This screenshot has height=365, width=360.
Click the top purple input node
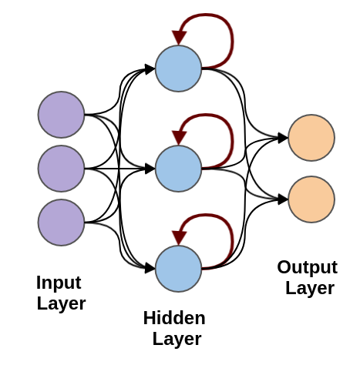pyautogui.click(x=61, y=115)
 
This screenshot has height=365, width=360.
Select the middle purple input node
pyautogui.click(x=61, y=169)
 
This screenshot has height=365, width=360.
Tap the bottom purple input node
pyautogui.click(x=61, y=223)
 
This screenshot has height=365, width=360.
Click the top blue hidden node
pyautogui.click(x=179, y=69)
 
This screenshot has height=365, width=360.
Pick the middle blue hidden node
pyautogui.click(x=179, y=169)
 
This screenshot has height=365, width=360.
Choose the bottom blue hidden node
pyautogui.click(x=179, y=269)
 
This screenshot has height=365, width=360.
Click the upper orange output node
pyautogui.click(x=311, y=138)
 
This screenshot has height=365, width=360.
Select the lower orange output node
pyautogui.click(x=311, y=199)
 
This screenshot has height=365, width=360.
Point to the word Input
pyautogui.click(x=59, y=283)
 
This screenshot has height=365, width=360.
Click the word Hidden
pyautogui.click(x=174, y=318)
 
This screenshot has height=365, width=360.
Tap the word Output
pyautogui.click(x=308, y=268)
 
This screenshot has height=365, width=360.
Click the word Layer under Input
pyautogui.click(x=61, y=304)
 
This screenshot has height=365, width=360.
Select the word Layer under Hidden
pyautogui.click(x=177, y=340)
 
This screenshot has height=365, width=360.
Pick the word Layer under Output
pyautogui.click(x=310, y=289)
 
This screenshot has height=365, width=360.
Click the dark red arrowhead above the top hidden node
pyautogui.click(x=179, y=38)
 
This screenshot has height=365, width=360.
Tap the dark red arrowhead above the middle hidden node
pyautogui.click(x=179, y=138)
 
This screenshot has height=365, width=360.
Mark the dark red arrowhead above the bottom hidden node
pyautogui.click(x=179, y=238)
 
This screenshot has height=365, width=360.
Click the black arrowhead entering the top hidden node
pyautogui.click(x=150, y=69)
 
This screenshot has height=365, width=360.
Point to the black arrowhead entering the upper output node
pyautogui.click(x=283, y=138)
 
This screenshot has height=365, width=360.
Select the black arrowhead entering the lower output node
pyautogui.click(x=283, y=199)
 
